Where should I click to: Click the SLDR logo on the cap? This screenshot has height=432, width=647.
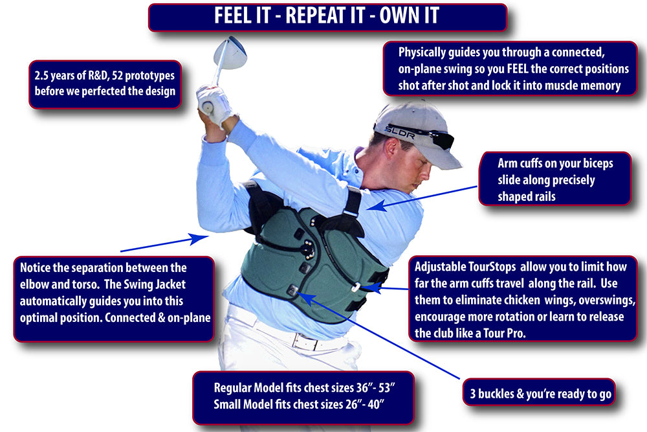click(x=399, y=132)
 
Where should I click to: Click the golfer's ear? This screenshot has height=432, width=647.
click(x=392, y=149)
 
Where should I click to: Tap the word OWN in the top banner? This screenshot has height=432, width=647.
click(x=397, y=16)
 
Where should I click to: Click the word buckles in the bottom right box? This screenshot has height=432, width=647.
click(x=495, y=394)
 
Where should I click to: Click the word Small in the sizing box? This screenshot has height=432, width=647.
click(x=227, y=404)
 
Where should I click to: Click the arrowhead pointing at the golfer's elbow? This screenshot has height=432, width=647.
click(x=199, y=238)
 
